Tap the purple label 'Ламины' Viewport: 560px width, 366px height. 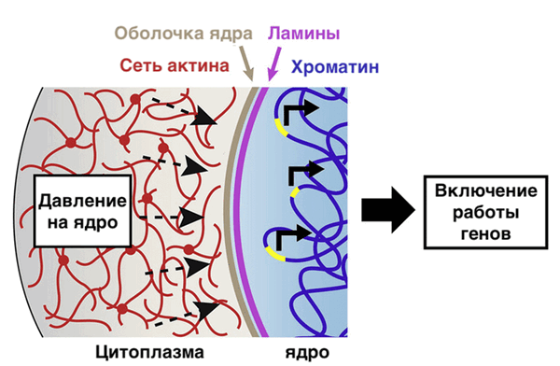[x=303, y=34]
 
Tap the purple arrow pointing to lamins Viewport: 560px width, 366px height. [x=273, y=65]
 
